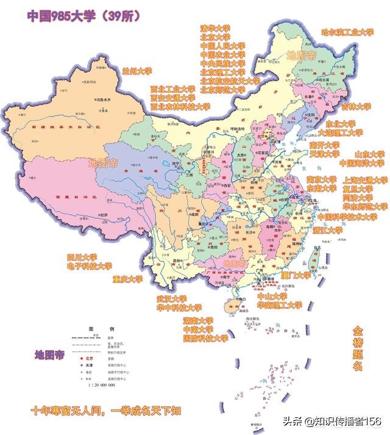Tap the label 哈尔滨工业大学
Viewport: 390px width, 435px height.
click(x=347, y=32)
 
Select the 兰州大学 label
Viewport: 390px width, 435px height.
click(x=136, y=71)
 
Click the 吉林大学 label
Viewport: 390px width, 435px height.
click(x=356, y=106)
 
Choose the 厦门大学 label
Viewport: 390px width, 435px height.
click(x=296, y=275)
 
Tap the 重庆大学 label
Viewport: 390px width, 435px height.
click(x=127, y=279)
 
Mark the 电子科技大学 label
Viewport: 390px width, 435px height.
click(x=90, y=266)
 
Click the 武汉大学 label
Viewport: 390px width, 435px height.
click(x=172, y=299)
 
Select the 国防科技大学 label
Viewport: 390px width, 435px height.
click(x=205, y=338)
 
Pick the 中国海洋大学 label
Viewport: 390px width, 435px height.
click(x=362, y=164)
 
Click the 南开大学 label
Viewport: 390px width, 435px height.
click(x=324, y=145)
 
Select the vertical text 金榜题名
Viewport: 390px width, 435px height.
click(x=358, y=348)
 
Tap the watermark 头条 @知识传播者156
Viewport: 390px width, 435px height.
click(x=335, y=422)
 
